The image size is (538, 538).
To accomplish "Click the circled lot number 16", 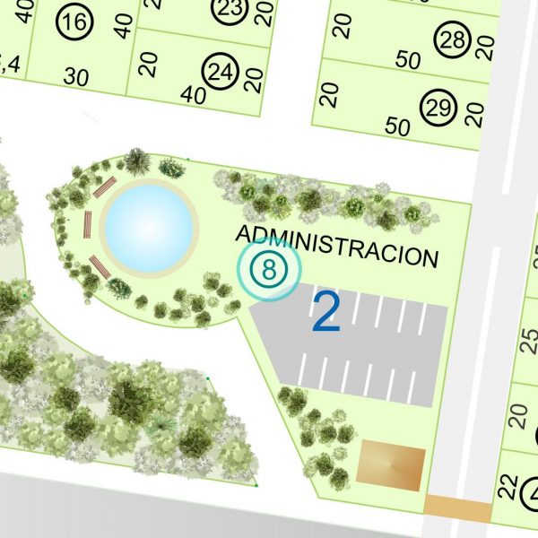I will [x=78, y=23].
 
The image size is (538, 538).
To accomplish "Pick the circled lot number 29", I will [x=438, y=108].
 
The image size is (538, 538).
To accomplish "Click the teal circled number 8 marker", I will [x=268, y=268].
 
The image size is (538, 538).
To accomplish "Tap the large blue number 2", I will [x=326, y=313].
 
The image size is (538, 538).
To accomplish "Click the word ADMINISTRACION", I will [x=337, y=245].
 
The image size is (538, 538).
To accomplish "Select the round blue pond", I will [x=149, y=227].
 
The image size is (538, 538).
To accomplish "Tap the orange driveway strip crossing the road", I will [x=457, y=508].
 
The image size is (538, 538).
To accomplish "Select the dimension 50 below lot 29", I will [x=397, y=126].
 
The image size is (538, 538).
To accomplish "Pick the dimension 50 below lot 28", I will [x=408, y=61].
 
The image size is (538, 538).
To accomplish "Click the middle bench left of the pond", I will [x=87, y=224].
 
